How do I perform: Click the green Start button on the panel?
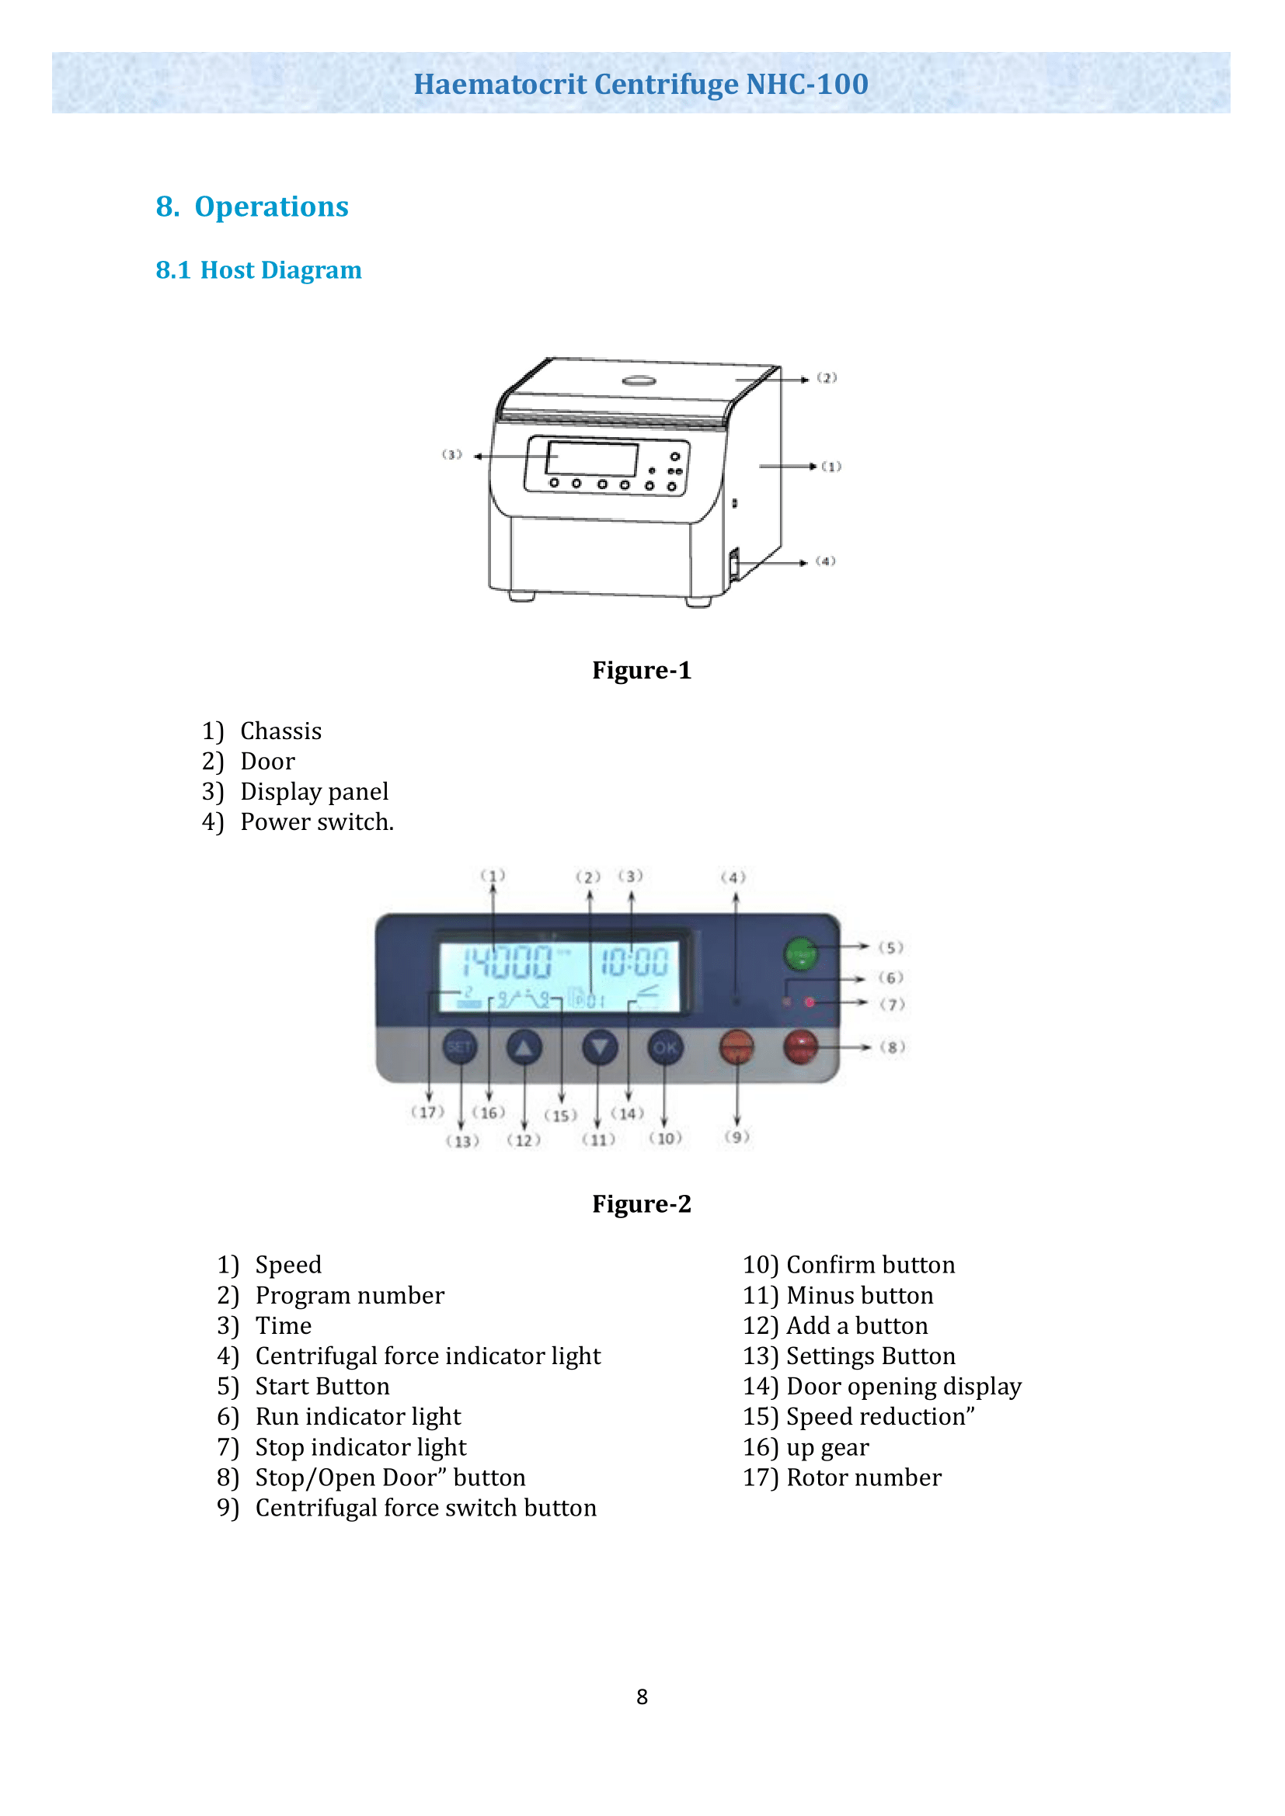[x=800, y=953]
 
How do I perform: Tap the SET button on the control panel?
[x=460, y=1047]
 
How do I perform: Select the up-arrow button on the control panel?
[x=524, y=1047]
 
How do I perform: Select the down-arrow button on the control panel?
[x=600, y=1047]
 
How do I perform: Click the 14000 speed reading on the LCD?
[x=507, y=963]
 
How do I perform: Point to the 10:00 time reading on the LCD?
[x=635, y=963]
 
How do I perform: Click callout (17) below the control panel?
[x=428, y=1112]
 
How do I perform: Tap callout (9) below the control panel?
[x=737, y=1137]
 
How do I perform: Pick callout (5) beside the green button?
[x=891, y=947]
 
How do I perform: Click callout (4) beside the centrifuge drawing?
[x=825, y=561]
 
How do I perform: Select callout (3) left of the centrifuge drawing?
[x=452, y=455]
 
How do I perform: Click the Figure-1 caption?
[x=642, y=670]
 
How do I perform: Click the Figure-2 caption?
[x=642, y=1204]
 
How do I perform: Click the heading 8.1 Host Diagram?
[x=259, y=269]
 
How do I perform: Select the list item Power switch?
[x=316, y=821]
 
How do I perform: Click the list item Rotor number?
[x=863, y=1477]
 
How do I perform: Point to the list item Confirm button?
[x=870, y=1265]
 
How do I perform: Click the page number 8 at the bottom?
[x=642, y=1696]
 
